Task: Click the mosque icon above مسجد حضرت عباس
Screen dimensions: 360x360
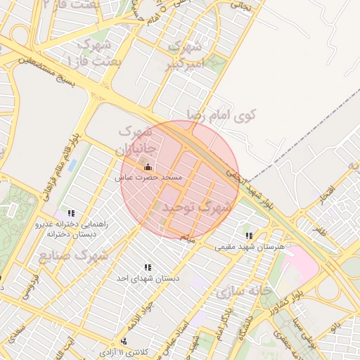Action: point(148,167)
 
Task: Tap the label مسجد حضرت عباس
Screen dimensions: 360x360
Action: point(149,178)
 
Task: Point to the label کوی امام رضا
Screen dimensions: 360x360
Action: point(222,113)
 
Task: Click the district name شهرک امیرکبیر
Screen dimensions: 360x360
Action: point(188,56)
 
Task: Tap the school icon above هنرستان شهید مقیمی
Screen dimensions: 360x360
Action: point(248,236)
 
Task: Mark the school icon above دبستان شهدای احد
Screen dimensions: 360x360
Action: point(148,267)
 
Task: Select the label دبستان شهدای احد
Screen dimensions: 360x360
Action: point(148,278)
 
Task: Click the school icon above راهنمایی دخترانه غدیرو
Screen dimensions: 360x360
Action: point(70,212)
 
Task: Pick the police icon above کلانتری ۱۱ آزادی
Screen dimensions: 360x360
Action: point(124,341)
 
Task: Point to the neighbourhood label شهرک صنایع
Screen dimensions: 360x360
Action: point(74,254)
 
